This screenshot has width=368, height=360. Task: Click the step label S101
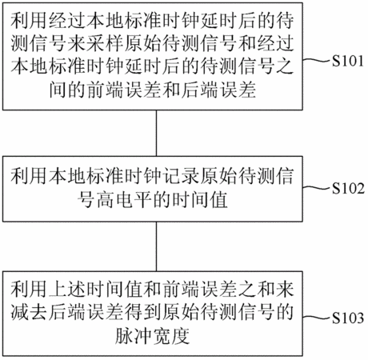coord(348,61)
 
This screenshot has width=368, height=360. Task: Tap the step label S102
coord(348,188)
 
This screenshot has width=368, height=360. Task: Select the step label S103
coord(348,318)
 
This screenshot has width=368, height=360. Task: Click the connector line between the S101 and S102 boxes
coord(157,133)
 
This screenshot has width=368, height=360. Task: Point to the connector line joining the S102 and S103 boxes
coord(157,246)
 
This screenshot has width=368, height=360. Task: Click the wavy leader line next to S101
coord(317,60)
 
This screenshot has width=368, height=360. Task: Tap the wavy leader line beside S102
coord(317,188)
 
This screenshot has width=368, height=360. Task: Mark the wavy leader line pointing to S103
coord(317,317)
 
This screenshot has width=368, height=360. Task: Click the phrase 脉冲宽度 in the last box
coord(153,335)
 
